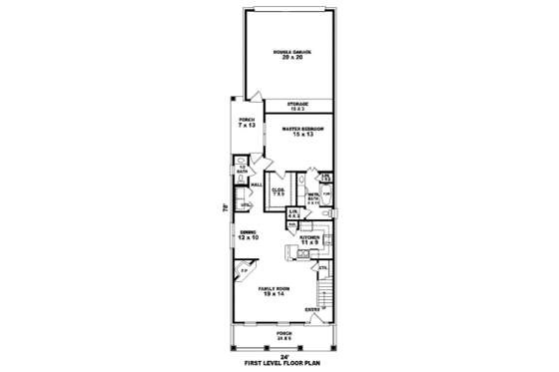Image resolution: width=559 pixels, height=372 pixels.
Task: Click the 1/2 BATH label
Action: [242, 170]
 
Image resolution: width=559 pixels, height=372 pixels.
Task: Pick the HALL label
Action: [256, 185]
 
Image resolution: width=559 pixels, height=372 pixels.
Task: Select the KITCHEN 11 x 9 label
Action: [310, 239]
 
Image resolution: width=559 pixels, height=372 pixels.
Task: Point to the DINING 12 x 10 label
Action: [249, 235]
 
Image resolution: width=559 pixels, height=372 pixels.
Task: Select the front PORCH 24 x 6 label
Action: [283, 336]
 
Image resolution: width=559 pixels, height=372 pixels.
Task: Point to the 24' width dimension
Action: [282, 356]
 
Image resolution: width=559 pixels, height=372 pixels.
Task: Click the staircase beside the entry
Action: [323, 294]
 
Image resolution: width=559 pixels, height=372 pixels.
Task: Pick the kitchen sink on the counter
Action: [302, 253]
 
